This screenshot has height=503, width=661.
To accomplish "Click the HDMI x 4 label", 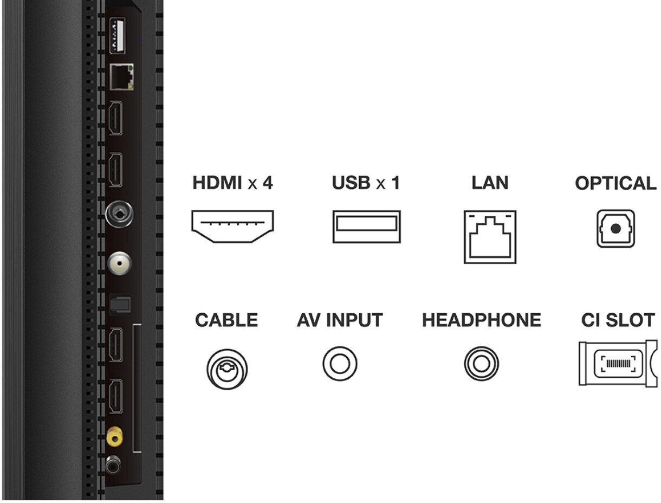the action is tap(232, 183).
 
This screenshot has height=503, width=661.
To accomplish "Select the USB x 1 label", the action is tap(366, 183).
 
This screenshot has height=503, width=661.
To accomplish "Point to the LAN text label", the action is tap(490, 183).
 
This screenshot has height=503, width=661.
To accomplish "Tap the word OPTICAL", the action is tap(615, 183).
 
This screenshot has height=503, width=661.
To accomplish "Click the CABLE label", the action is tap(226, 320).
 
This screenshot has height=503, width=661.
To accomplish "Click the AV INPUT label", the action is tap(340, 320).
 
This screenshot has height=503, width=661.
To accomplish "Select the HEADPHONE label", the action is tap(482, 320).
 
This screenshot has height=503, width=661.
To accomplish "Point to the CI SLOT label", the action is tap(618, 320).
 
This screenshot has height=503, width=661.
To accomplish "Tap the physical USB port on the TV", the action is tap(117, 36).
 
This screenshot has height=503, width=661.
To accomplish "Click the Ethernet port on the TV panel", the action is tap(121, 77).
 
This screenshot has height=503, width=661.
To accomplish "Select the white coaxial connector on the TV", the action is tap(119, 263).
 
